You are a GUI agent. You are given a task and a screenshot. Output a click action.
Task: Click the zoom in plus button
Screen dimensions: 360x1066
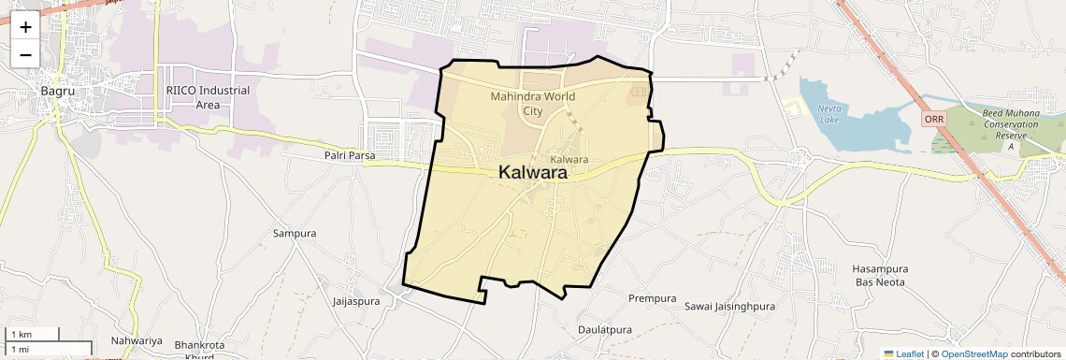[x=25, y=28]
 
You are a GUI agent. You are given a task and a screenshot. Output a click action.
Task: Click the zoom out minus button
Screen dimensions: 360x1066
[x=25, y=54]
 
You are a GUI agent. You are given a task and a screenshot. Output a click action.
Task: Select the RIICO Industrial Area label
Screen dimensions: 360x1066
[x=208, y=97]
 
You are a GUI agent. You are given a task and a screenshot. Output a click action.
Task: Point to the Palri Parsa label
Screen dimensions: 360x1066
[x=350, y=156]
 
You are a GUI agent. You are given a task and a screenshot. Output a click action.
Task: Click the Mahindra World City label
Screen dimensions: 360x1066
[x=532, y=103]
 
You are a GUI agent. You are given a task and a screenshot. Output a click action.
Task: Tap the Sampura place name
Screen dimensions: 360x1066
[x=295, y=233]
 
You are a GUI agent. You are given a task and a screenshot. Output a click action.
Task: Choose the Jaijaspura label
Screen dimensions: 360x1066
[x=356, y=301]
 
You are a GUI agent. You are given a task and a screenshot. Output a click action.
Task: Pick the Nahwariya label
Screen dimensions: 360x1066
[x=137, y=340]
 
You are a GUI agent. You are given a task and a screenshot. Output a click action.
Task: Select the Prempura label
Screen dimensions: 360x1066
[x=652, y=298]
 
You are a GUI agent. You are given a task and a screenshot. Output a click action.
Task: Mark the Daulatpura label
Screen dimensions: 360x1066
[x=605, y=330]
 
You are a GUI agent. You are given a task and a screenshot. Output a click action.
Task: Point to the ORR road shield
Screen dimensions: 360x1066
[x=933, y=120]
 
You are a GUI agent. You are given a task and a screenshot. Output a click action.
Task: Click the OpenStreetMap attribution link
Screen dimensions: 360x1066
[x=973, y=353]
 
